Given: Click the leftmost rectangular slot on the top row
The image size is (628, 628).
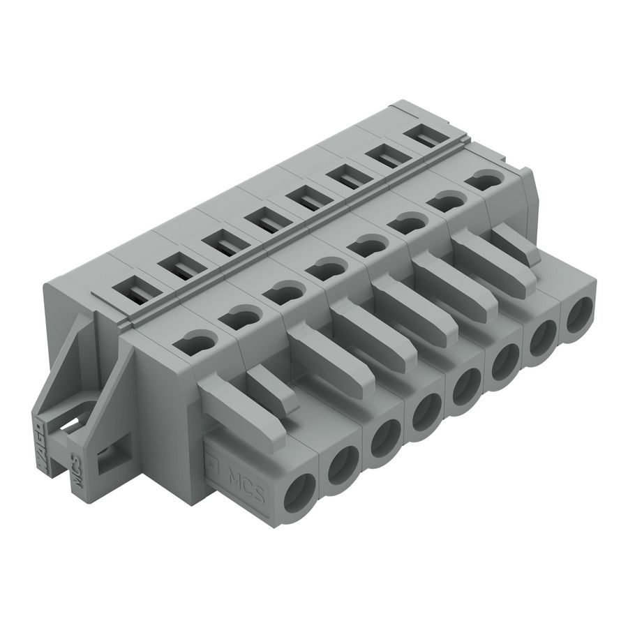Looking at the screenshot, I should click(133, 289).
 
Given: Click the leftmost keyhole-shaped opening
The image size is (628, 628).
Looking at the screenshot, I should click(198, 344).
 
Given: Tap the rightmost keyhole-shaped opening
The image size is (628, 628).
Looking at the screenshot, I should click(481, 181).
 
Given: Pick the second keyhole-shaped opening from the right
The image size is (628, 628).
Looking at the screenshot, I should click(441, 204).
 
